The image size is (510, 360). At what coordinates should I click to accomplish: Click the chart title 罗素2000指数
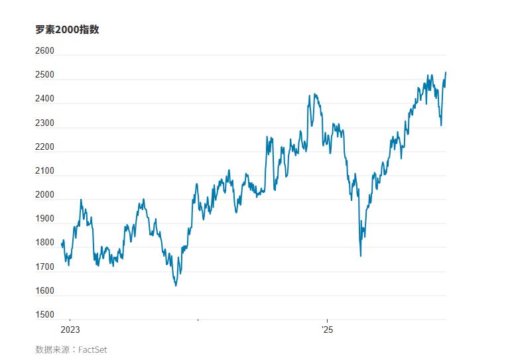(x=67, y=30)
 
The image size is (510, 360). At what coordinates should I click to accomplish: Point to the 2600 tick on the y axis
(x=44, y=51)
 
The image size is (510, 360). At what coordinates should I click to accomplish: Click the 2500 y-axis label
(x=44, y=75)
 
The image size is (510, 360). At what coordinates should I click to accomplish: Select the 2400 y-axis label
(x=44, y=99)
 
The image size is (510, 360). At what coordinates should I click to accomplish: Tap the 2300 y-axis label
(x=44, y=123)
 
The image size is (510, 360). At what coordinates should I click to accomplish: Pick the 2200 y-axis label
(x=44, y=147)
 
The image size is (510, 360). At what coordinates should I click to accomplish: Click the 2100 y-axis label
(x=44, y=171)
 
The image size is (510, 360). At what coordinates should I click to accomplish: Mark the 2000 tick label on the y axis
(x=44, y=195)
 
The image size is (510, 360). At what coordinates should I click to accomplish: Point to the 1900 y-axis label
(x=44, y=219)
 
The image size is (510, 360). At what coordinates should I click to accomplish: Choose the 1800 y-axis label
(x=44, y=243)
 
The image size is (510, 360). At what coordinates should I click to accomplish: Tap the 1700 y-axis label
(x=44, y=267)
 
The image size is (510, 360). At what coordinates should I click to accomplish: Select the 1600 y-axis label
(x=44, y=291)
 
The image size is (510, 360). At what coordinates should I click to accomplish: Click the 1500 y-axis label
(x=44, y=315)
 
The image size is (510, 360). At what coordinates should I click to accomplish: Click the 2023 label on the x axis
(x=70, y=330)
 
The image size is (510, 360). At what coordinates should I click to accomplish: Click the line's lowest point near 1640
(x=176, y=286)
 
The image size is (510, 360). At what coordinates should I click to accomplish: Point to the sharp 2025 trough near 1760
(x=361, y=256)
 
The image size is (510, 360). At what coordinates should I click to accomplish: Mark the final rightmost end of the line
(x=446, y=72)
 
